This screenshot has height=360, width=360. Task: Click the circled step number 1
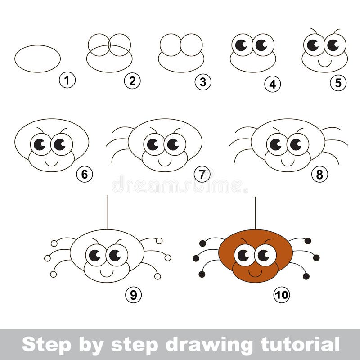[67, 81]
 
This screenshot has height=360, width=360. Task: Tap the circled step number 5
[338, 83]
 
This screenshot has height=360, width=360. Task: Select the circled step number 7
[202, 175]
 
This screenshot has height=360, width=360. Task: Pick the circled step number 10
[282, 295]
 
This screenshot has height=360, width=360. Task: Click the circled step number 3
[203, 82]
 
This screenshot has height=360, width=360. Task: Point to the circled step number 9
[133, 295]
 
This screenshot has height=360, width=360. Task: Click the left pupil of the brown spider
[243, 256]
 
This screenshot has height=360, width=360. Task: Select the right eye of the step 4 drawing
[263, 45]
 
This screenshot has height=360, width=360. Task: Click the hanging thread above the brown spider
[256, 213]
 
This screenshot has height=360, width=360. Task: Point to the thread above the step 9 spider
[107, 212]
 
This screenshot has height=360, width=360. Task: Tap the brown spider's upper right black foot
[308, 241]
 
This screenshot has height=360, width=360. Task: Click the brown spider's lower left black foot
[202, 274]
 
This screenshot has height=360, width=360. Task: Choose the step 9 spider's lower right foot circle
[157, 276]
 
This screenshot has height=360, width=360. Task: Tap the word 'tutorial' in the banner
[300, 344]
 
